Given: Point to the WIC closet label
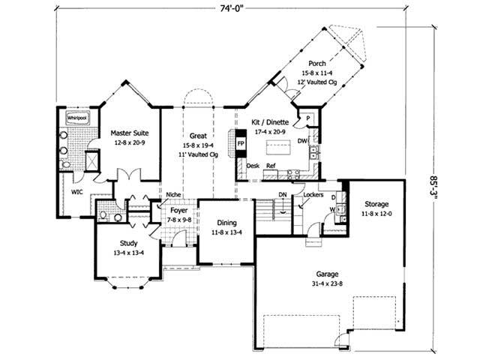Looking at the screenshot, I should [x=76, y=191].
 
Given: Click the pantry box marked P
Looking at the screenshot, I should [x=307, y=118].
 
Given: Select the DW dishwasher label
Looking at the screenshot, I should [x=301, y=139].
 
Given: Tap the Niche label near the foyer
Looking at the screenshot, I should [x=173, y=194].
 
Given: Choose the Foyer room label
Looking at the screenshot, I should [x=178, y=211].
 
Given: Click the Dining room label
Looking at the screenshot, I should [x=226, y=223].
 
